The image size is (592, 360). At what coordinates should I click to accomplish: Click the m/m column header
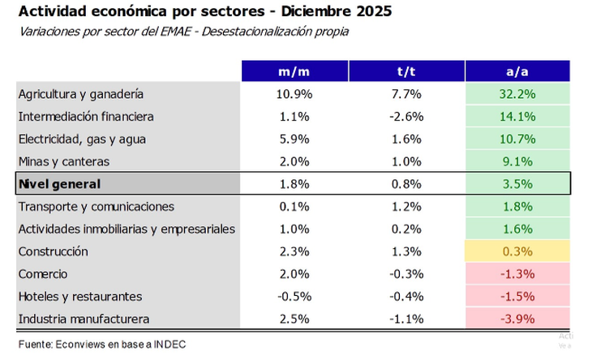(x=294, y=71)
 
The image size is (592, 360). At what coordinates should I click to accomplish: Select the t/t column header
(x=405, y=71)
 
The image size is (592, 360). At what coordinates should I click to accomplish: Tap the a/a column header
(x=517, y=71)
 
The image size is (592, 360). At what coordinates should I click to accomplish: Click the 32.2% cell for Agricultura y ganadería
(x=517, y=94)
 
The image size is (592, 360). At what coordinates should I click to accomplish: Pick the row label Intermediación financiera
(x=86, y=116)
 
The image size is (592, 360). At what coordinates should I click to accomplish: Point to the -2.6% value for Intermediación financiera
(x=405, y=116)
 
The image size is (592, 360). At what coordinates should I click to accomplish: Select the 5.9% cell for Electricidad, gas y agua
(x=294, y=139)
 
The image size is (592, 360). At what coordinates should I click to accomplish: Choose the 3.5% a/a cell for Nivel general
(x=517, y=184)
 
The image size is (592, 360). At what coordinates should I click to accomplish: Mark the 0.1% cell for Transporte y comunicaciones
(x=294, y=207)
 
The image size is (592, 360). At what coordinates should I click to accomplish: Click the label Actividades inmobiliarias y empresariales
(x=127, y=229)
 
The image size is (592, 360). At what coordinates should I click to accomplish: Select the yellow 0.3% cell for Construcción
(x=517, y=252)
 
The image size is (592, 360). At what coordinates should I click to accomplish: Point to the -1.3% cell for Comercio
(x=517, y=274)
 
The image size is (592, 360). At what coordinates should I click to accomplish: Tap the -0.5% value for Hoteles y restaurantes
(x=294, y=297)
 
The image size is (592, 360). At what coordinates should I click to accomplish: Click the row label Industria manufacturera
(x=84, y=319)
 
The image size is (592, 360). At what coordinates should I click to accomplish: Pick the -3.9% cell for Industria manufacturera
(x=517, y=319)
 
